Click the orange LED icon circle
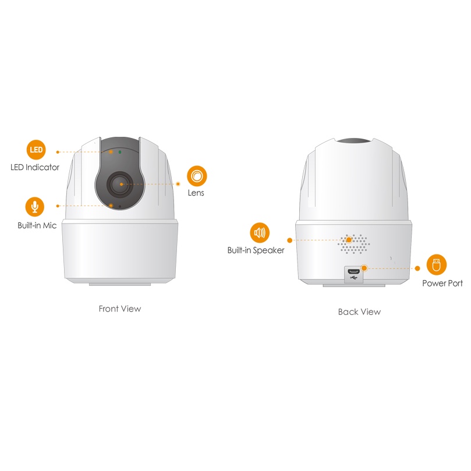[x=36, y=150]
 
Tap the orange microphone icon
[x=35, y=207]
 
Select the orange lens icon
[x=197, y=176]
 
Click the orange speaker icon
[x=260, y=232]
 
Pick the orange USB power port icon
[x=437, y=265]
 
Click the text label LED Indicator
[x=35, y=167]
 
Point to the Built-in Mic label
[x=37, y=225]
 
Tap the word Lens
[x=196, y=193]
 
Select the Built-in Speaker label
[x=256, y=250]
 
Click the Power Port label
[x=442, y=284]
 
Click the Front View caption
[x=120, y=309]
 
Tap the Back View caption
[x=359, y=312]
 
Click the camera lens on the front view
[x=120, y=184]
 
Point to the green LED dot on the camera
[x=120, y=152]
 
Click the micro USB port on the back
[x=353, y=271]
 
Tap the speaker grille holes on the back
[x=353, y=244]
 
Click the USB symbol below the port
[x=353, y=278]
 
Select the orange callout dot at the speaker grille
[x=349, y=240]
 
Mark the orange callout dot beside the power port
[x=364, y=268]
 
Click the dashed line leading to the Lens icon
[x=150, y=184]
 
